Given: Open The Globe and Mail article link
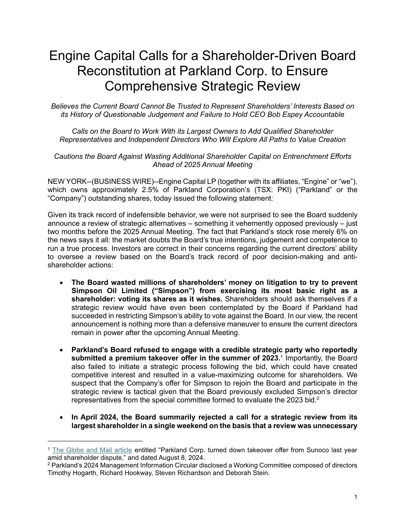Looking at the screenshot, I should (x=92, y=450).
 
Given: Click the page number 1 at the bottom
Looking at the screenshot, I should (x=356, y=497).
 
